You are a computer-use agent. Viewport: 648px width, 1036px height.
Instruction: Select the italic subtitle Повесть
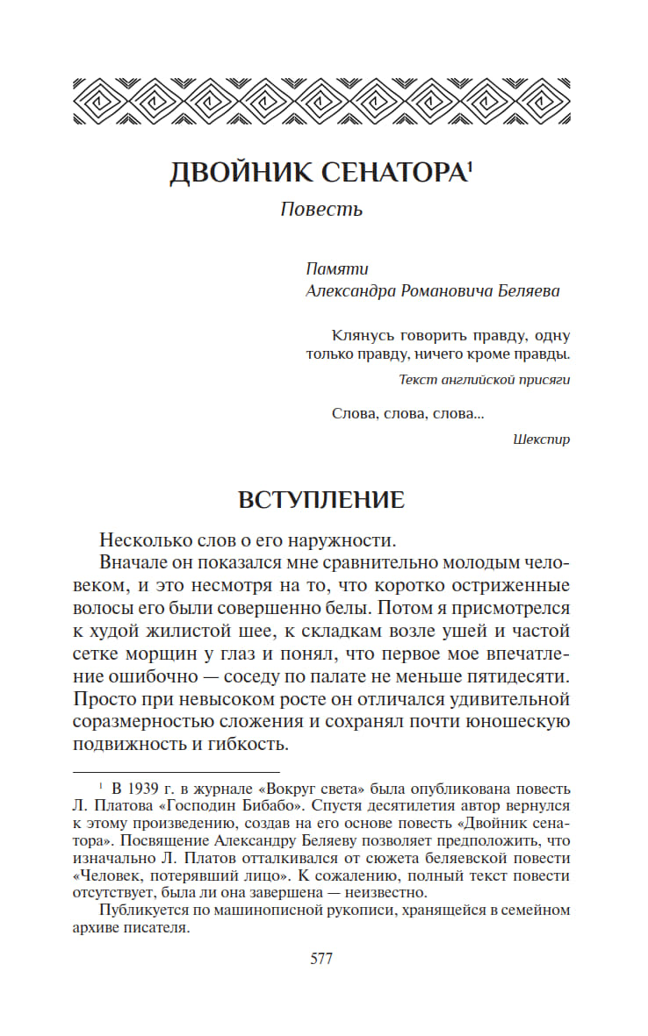pos(321,210)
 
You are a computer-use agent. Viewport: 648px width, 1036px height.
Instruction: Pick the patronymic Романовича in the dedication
pos(445,291)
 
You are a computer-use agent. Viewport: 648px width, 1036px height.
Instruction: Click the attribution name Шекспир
pos(541,439)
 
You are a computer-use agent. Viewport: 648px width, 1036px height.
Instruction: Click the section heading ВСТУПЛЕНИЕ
pos(321,500)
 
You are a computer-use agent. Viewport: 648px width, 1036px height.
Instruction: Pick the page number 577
pos(321,958)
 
